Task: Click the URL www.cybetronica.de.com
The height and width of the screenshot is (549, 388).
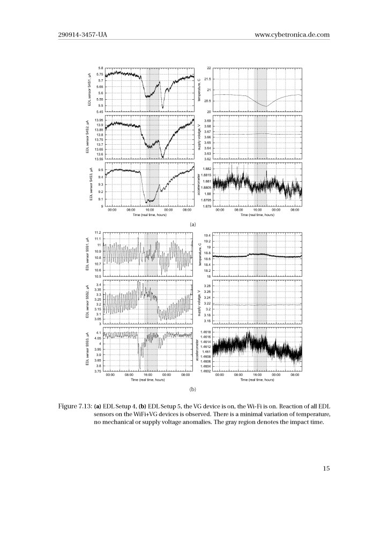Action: (x=292, y=35)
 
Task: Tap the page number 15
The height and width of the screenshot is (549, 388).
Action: (x=326, y=468)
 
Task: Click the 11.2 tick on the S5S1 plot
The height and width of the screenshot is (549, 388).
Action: (x=98, y=232)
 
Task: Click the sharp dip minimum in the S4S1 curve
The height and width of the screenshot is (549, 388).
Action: (x=162, y=108)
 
